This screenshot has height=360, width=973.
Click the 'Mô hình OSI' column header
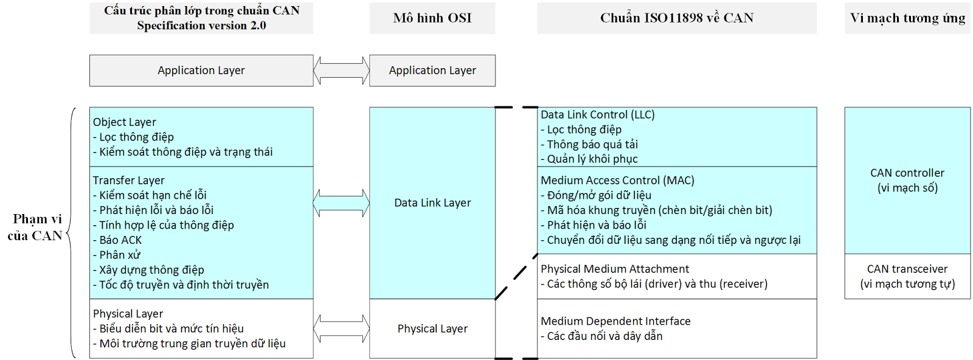click(432, 18)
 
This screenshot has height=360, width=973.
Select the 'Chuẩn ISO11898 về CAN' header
click(676, 18)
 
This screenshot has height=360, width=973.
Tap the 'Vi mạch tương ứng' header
click(907, 18)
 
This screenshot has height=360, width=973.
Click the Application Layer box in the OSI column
click(432, 71)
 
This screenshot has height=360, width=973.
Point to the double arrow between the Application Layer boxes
click(341, 71)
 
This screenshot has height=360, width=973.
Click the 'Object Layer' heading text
click(125, 122)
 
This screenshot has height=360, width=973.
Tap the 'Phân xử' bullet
click(119, 255)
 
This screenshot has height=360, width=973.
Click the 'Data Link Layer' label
click(432, 203)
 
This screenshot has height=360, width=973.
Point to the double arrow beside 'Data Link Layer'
click(341, 203)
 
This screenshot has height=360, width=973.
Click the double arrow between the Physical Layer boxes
click(341, 328)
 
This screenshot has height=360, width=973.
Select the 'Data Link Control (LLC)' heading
click(597, 115)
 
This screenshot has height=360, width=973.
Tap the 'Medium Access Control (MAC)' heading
click(617, 181)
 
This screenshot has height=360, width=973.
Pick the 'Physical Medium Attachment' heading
click(615, 269)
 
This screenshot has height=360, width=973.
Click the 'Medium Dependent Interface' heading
click(615, 321)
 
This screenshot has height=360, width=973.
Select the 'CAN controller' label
click(907, 173)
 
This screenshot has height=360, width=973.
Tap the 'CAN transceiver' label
click(907, 269)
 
